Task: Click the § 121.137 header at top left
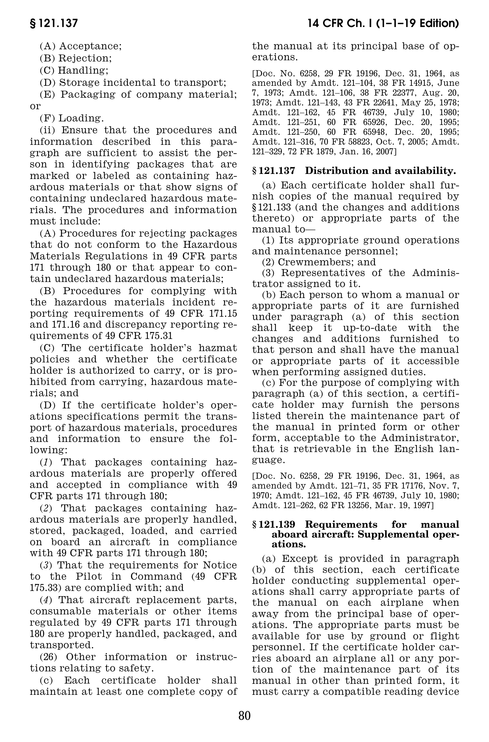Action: pos(54,23)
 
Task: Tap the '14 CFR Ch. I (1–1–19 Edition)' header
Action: pos(383,23)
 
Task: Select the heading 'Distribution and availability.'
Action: pos(380,171)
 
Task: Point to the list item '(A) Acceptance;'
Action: pos(80,46)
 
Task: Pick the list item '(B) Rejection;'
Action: pos(76,58)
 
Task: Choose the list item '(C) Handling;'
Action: pos(74,70)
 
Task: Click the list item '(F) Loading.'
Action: pos(72,118)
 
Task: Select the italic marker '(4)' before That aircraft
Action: pos(46,600)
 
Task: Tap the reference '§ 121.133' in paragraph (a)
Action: pos(271,207)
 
